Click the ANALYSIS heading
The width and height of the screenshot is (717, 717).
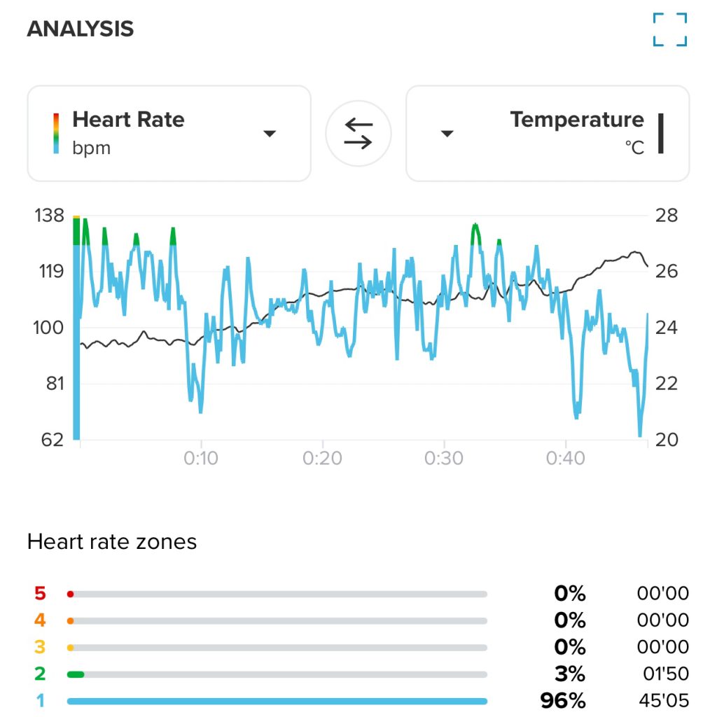(x=80, y=29)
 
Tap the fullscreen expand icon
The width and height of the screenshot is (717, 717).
(x=670, y=29)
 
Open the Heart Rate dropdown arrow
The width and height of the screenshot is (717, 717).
(x=270, y=133)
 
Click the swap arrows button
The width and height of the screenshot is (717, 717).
(x=358, y=133)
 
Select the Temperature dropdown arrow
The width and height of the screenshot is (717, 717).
(x=447, y=133)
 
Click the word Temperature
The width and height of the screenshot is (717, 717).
(x=576, y=120)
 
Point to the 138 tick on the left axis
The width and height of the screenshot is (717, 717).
(x=48, y=215)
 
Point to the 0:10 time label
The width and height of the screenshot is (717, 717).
(x=201, y=459)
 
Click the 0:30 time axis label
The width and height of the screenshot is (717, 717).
(x=444, y=459)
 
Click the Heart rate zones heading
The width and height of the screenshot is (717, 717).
(x=112, y=541)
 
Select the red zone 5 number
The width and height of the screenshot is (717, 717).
(x=40, y=594)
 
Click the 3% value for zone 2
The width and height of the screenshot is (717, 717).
(x=569, y=674)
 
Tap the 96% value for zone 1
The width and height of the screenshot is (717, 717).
(x=562, y=701)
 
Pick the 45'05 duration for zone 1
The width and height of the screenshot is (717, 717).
(x=663, y=701)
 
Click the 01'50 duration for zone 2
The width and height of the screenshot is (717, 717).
(x=665, y=674)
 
